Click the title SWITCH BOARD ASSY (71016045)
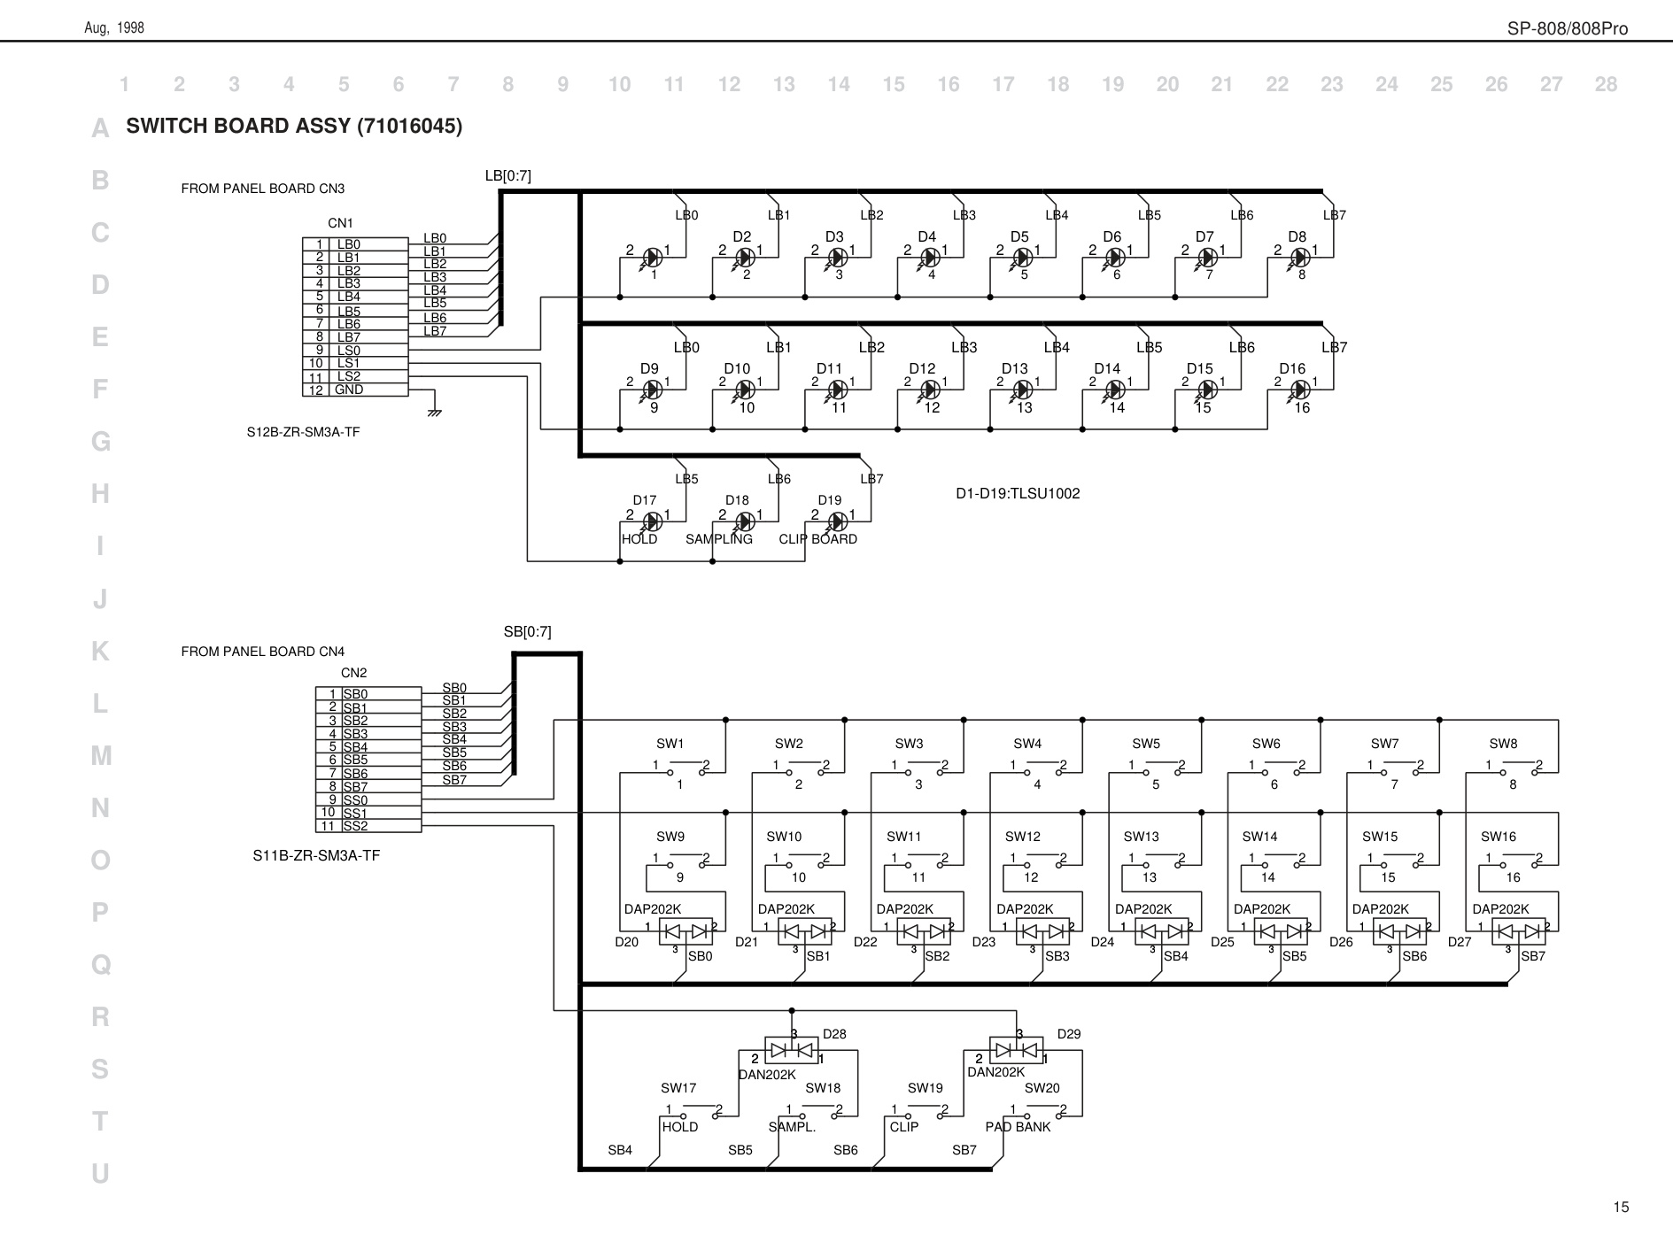pos(294,126)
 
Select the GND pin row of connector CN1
pos(355,390)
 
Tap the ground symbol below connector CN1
pos(434,412)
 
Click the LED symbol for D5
pos(1023,258)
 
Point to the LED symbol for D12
pos(930,390)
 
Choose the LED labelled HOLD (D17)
pos(653,521)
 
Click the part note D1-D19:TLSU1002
pos(1018,494)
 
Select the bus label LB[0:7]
pos(508,176)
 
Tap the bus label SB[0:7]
pos(528,631)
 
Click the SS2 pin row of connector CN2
pos(368,826)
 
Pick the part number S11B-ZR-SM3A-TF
pos(316,855)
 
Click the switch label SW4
pos(1027,744)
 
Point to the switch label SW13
pos(1141,837)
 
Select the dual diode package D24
pos(1161,931)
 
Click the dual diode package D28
pos(792,1050)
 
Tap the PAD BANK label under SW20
pos(1018,1127)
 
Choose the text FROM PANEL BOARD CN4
pos(263,652)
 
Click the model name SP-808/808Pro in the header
pos(1568,28)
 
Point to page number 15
pos(1621,1208)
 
